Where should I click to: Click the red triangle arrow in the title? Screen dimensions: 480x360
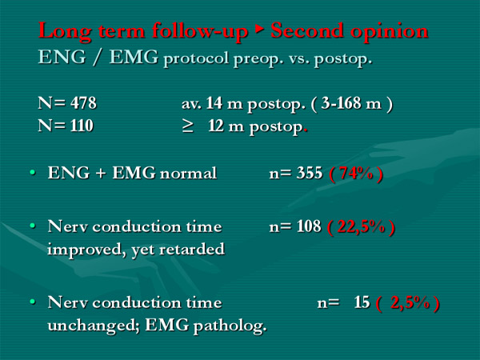pos(259,29)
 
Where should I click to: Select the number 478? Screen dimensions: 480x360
pos(83,103)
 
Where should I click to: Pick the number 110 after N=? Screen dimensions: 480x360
pos(82,126)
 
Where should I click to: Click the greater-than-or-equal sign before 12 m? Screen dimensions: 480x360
pos(188,126)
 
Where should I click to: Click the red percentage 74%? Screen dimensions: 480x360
pos(356,174)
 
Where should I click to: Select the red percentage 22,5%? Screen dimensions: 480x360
pos(361,227)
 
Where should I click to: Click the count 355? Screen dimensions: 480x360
pos(309,173)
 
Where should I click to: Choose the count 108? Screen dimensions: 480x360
pos(309,226)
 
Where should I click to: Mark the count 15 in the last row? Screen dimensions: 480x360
pos(362,302)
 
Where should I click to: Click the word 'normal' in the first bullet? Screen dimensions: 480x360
pos(188,174)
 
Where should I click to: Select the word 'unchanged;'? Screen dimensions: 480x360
pos(94,325)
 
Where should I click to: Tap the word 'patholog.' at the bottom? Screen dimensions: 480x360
pos(230,326)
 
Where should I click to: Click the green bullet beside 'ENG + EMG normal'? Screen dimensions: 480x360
pos(33,173)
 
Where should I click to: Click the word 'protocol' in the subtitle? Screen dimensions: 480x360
pos(196,58)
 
